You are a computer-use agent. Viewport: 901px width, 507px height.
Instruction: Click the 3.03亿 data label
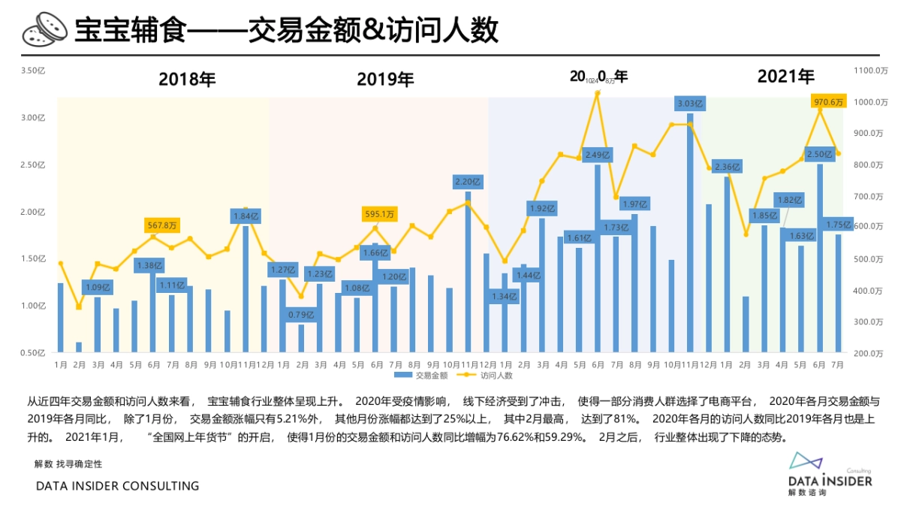coord(690,103)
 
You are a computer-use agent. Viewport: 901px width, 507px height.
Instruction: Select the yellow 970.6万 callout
coord(829,101)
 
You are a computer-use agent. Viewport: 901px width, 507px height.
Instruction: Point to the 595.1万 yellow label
coord(378,214)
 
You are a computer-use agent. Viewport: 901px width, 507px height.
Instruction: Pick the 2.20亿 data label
coord(468,181)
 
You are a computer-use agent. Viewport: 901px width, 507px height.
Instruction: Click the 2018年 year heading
coord(187,79)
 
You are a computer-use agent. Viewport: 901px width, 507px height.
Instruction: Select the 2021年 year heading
coord(785,76)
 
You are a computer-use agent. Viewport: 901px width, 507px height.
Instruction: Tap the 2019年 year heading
coord(385,79)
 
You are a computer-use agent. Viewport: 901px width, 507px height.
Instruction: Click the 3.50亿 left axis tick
coord(34,71)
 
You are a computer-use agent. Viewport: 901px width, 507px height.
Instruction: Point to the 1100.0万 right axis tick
coord(870,71)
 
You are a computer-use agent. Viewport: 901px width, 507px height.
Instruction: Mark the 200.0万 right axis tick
coord(870,353)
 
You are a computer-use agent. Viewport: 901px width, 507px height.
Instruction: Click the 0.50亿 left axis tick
coord(34,353)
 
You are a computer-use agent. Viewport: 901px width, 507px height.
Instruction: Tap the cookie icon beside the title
coord(43,31)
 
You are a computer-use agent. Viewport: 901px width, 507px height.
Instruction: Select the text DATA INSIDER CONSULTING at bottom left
coord(118,486)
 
